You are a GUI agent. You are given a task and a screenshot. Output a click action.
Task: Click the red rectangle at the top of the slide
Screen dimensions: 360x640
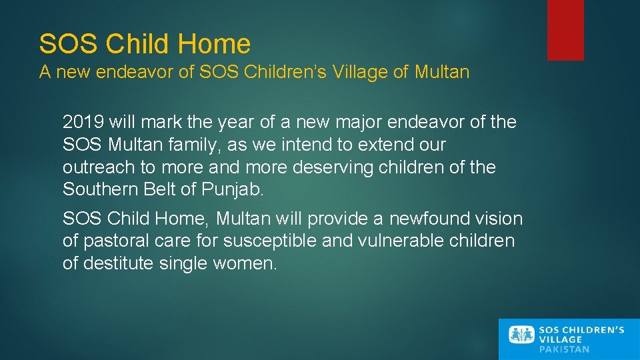[x=565, y=30]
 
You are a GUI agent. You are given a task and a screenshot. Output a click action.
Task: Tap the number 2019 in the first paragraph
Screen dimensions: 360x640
[x=84, y=122]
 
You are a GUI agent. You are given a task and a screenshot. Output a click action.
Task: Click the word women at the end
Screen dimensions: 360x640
[x=243, y=263]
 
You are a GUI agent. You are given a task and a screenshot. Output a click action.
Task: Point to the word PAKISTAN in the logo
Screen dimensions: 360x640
[x=564, y=349]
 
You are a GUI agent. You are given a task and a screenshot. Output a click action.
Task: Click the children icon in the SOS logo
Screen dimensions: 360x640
[x=522, y=335]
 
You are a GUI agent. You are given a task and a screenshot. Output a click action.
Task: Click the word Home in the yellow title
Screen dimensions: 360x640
[x=215, y=44]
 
